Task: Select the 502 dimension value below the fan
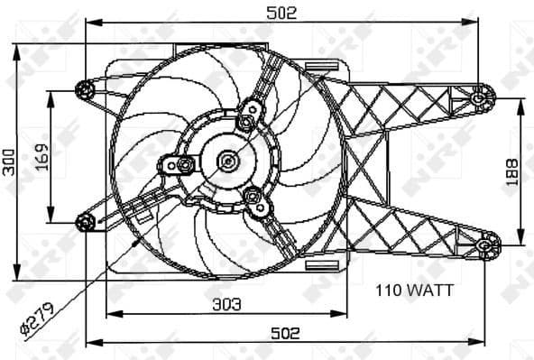pyautogui.click(x=285, y=332)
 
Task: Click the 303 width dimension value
pyautogui.click(x=226, y=305)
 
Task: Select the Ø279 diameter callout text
pyautogui.click(x=36, y=319)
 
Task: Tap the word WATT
pyautogui.click(x=423, y=291)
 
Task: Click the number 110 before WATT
pyautogui.click(x=387, y=291)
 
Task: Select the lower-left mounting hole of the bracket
pyautogui.click(x=86, y=222)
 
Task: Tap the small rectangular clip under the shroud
pyautogui.click(x=319, y=267)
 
